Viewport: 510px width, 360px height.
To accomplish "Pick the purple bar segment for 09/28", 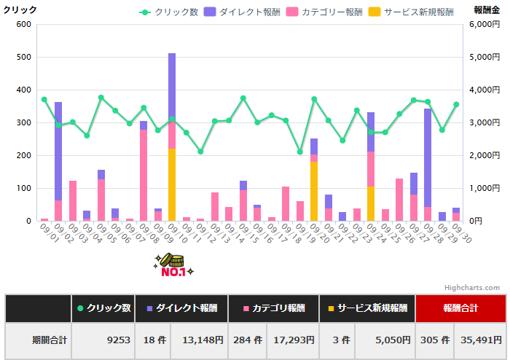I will coord(428,157).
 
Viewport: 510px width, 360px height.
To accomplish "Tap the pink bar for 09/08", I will coord(144,175).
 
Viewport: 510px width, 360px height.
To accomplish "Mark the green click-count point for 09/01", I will coord(44,99).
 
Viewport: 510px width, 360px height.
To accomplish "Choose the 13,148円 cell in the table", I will coord(199,340).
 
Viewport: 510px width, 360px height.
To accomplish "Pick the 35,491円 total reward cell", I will coord(479,340).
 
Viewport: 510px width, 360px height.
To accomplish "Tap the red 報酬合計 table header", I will coord(460,308).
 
